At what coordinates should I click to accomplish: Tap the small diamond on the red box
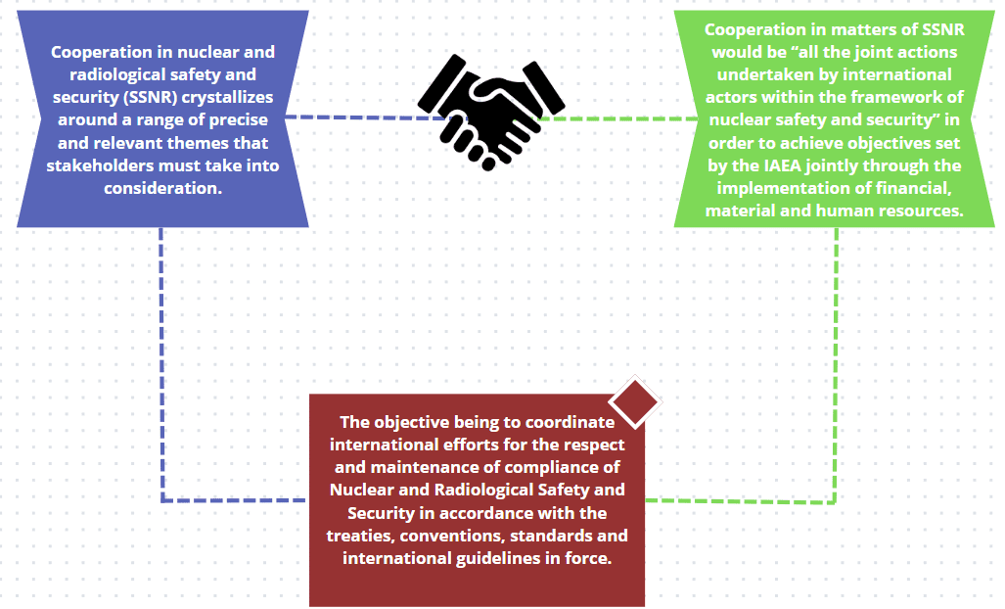[x=634, y=400]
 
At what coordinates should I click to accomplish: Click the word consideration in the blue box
[x=162, y=187]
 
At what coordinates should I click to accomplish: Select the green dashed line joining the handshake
[x=626, y=118]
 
